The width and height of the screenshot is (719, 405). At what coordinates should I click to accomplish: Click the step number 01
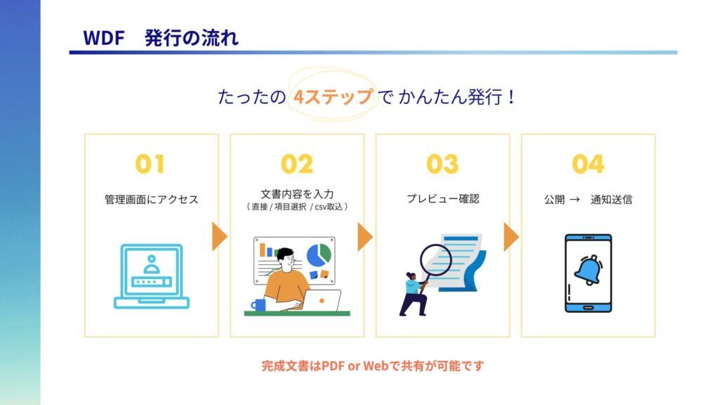coord(150,164)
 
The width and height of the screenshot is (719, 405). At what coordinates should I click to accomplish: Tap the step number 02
coord(297,164)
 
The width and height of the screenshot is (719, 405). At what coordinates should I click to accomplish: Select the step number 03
coord(442,164)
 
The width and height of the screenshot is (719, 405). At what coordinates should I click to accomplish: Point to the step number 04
coord(588,164)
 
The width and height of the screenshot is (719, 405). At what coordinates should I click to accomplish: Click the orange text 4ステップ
coord(332,97)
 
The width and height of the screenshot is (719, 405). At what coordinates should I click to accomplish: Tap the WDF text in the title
coord(104,38)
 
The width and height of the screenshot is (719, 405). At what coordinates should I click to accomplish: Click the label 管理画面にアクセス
coord(152,199)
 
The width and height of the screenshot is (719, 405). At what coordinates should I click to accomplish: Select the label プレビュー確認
coord(442,199)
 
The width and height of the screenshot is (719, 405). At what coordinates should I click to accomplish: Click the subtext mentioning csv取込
coord(297,207)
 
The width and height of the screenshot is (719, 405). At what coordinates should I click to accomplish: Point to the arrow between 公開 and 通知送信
coord(574,200)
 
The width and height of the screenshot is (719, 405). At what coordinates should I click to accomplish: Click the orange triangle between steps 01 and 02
coord(220,237)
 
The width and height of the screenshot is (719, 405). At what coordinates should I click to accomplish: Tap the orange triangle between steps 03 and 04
coord(511,237)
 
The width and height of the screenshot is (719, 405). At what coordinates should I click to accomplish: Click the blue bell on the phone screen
coord(588,270)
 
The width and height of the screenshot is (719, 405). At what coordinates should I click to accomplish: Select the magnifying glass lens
coord(436,260)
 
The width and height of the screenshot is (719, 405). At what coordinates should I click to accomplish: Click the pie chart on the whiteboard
coord(319,255)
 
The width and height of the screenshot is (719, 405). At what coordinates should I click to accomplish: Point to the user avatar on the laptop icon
coord(152,265)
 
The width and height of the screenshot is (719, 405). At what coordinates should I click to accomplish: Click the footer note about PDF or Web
coord(373,366)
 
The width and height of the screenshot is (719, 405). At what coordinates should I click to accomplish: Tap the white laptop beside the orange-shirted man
coord(322,301)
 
